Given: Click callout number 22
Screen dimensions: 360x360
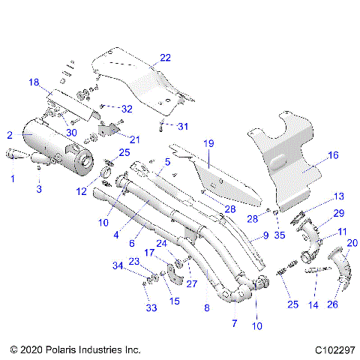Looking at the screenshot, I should pos(165,58).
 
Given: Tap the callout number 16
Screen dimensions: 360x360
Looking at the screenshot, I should pos(332,155).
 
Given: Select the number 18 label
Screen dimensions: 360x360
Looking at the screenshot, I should pos(34,82).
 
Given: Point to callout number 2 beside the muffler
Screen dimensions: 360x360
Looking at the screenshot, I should pos(9,135).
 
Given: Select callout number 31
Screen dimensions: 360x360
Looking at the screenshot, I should pos(183,125).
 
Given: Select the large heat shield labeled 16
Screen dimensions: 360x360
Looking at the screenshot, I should pos(289,161).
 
